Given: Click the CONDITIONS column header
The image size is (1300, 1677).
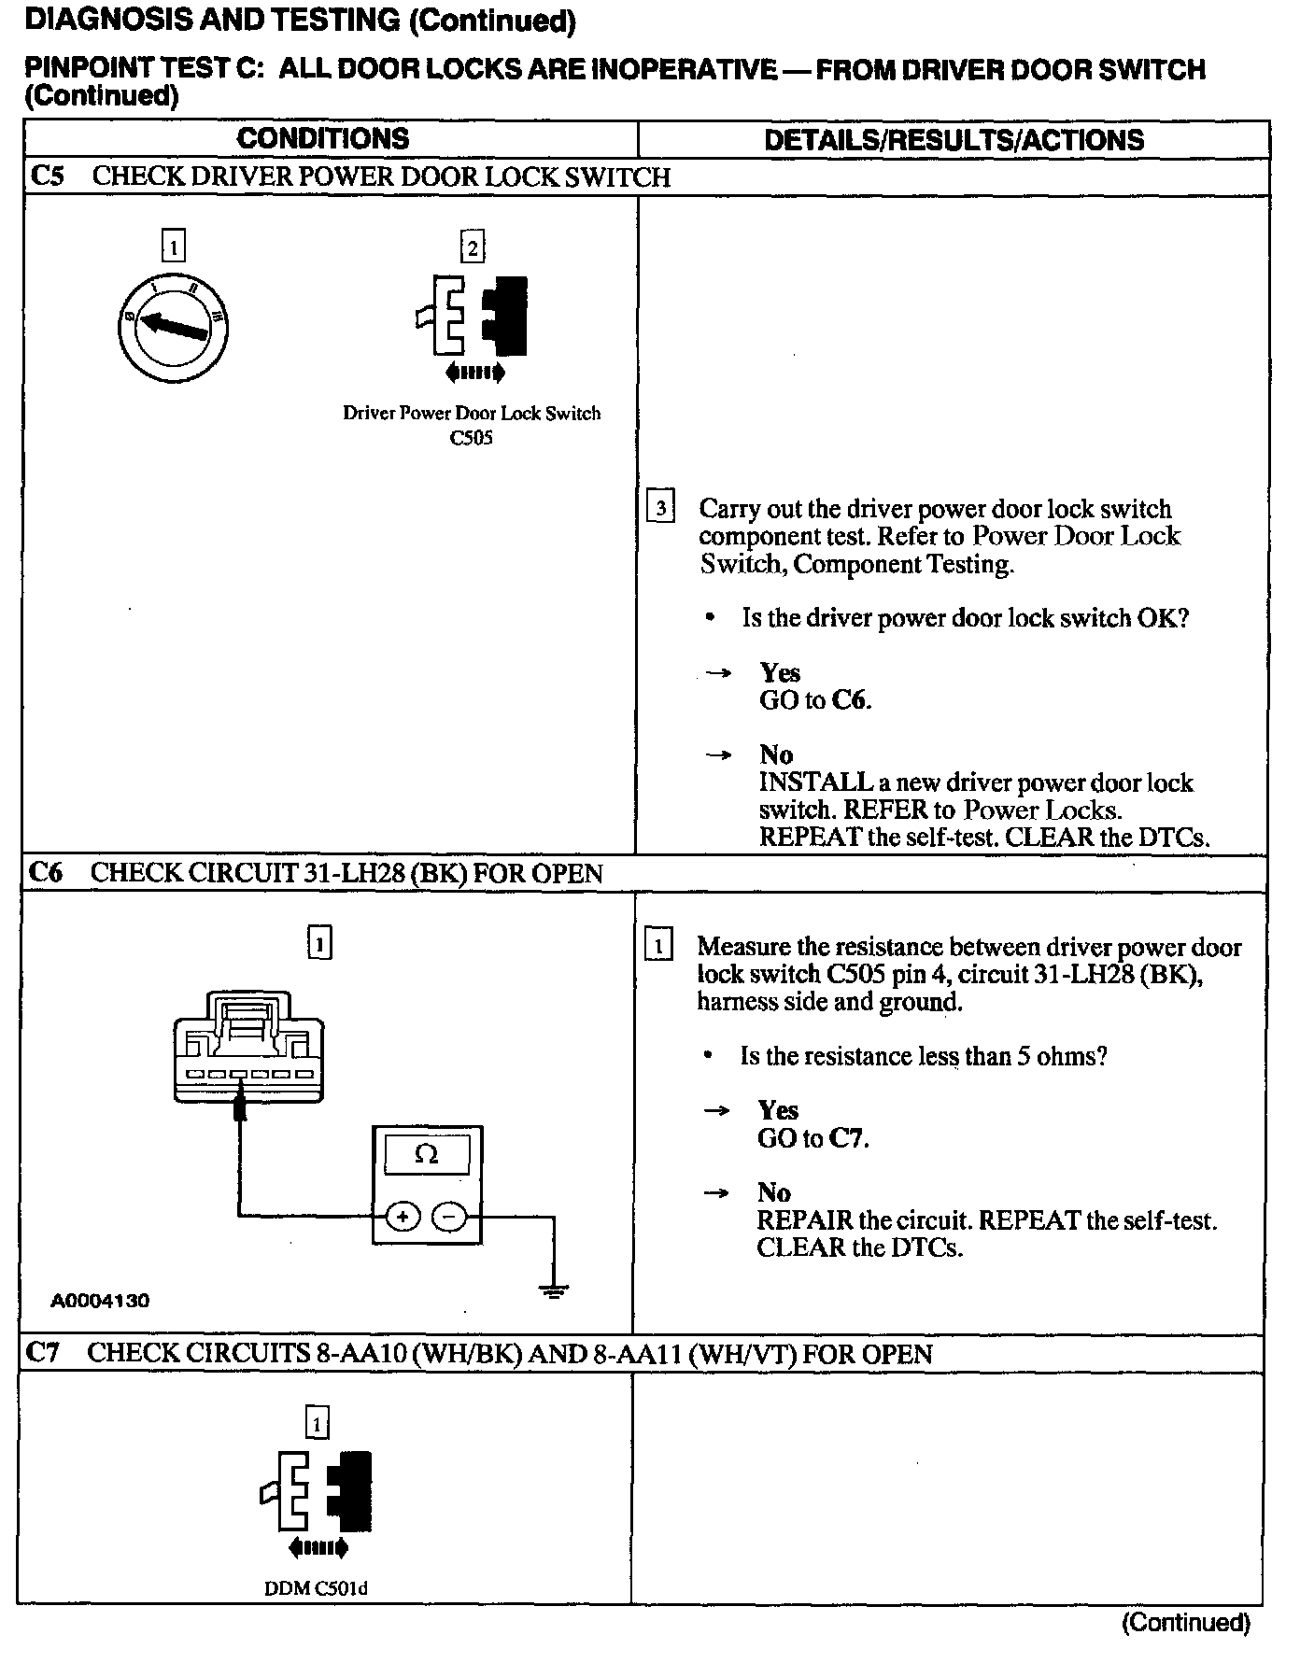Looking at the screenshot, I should click(322, 139).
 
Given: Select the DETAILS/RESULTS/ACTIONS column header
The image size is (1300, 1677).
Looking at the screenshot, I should click(954, 140).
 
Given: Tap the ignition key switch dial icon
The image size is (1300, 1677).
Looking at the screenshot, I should click(175, 327).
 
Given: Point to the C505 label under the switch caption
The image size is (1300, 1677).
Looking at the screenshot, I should click(471, 438).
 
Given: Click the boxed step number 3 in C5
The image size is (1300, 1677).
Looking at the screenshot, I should click(660, 507).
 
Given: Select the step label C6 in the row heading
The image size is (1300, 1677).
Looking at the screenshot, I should click(46, 873).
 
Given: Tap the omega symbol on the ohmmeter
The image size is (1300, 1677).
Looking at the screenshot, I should click(427, 1154).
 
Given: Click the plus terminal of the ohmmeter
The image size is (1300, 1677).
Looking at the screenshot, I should click(403, 1217).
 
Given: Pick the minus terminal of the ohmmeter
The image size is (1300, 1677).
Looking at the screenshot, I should click(450, 1217).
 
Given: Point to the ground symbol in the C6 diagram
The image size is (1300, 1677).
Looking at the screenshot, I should click(554, 1292).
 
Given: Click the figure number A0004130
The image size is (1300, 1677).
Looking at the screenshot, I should click(100, 1300).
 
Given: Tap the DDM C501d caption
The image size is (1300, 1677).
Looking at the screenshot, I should click(316, 1588).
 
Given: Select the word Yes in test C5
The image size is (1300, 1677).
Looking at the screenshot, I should click(780, 672).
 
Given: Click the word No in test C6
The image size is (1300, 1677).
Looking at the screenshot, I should click(773, 1192).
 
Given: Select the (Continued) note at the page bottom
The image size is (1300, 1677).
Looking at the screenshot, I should click(1185, 1622).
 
